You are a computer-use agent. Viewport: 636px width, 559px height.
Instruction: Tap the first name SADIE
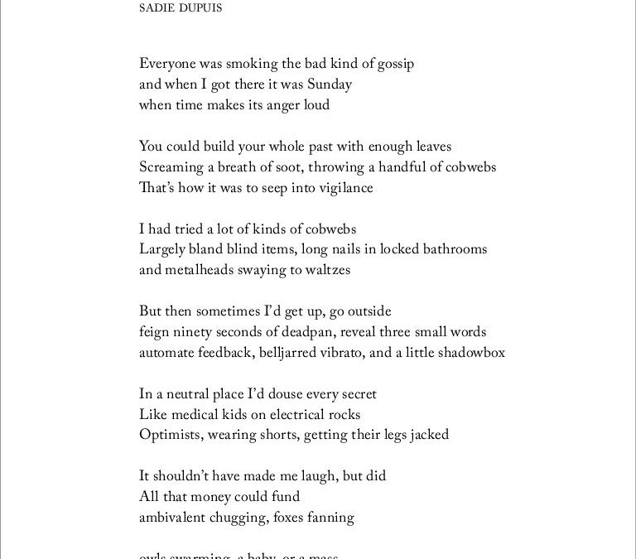(x=157, y=10)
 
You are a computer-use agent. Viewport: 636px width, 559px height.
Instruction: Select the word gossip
(x=392, y=64)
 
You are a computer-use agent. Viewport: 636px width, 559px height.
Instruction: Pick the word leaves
(x=428, y=147)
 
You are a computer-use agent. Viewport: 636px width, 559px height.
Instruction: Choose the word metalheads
(x=197, y=270)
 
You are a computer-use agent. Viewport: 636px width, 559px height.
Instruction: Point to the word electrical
(x=287, y=414)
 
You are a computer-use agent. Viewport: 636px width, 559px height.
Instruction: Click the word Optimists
(x=169, y=435)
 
